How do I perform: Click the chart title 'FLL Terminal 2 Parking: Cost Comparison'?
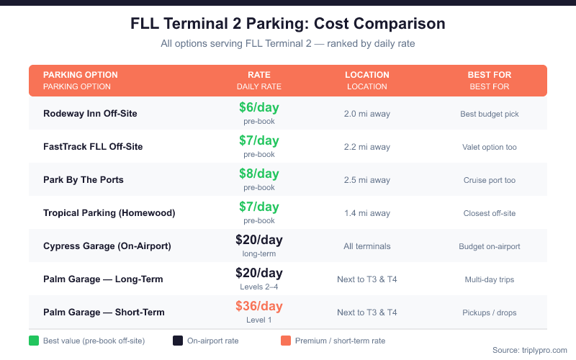pyautogui.click(x=288, y=24)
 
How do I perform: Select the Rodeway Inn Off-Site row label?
pyautogui.click(x=90, y=114)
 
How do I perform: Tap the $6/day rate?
pyautogui.click(x=259, y=108)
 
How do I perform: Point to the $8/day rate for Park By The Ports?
pyautogui.click(x=259, y=174)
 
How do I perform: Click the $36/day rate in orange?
pyautogui.click(x=259, y=307)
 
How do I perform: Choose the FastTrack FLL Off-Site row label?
pyautogui.click(x=93, y=147)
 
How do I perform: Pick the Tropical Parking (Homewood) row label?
pyautogui.click(x=109, y=213)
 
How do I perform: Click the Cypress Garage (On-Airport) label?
pyautogui.click(x=107, y=246)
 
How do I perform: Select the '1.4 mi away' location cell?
pyautogui.click(x=367, y=213)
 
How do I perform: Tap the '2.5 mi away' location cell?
pyautogui.click(x=367, y=180)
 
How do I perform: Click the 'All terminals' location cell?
pyautogui.click(x=367, y=246)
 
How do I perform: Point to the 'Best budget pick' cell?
pyautogui.click(x=490, y=114)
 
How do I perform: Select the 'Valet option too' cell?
pyautogui.click(x=490, y=147)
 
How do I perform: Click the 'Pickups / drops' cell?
pyautogui.click(x=490, y=312)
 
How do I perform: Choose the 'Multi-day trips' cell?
pyautogui.click(x=490, y=279)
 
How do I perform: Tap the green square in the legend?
pyautogui.click(x=33, y=341)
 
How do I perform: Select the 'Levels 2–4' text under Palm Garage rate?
pyautogui.click(x=259, y=287)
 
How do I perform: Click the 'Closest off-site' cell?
pyautogui.click(x=490, y=213)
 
